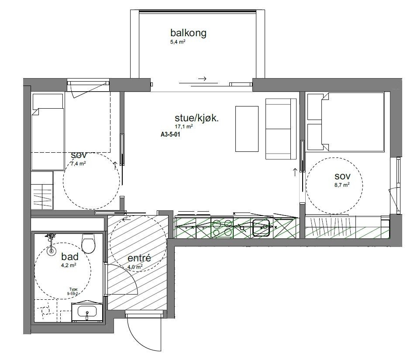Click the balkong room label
pyautogui.click(x=188, y=33)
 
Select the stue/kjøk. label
pyautogui.click(x=197, y=118)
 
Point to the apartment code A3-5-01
pyautogui.click(x=171, y=135)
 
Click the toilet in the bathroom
pyautogui.click(x=89, y=244)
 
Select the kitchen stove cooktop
pyautogui.click(x=223, y=227)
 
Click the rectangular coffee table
pyautogui.click(x=247, y=129)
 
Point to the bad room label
pyautogui.click(x=70, y=256)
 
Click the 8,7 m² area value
pyautogui.click(x=342, y=185)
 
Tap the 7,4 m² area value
pyautogui.click(x=78, y=164)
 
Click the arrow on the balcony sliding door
pyautogui.click(x=202, y=79)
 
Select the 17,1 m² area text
pyautogui.click(x=184, y=127)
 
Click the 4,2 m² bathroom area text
pyautogui.click(x=69, y=264)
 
